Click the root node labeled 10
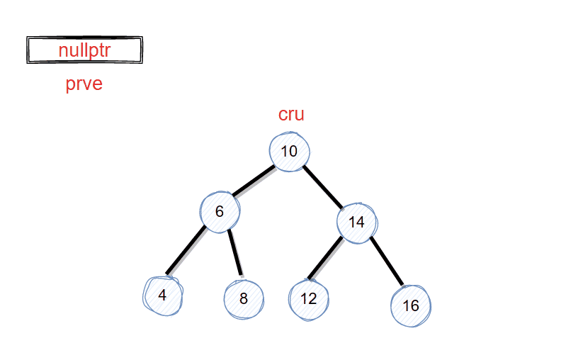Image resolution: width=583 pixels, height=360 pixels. click(x=289, y=152)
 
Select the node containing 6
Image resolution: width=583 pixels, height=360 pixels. click(x=220, y=211)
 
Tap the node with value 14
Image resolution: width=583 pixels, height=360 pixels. click(x=356, y=222)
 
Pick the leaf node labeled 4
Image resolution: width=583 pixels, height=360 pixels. click(x=163, y=295)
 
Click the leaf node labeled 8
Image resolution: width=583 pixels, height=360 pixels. click(x=244, y=298)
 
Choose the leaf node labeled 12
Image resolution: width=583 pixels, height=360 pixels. click(x=309, y=298)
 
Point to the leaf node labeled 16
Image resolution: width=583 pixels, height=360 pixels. click(x=411, y=306)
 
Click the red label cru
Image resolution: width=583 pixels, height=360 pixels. click(x=291, y=115)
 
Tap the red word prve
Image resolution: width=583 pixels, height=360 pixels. click(x=84, y=84)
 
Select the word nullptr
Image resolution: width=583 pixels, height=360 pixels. click(x=84, y=50)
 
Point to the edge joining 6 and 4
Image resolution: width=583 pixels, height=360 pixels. click(x=186, y=251)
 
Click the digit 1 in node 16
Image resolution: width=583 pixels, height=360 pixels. click(x=406, y=306)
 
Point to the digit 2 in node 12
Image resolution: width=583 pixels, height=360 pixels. click(x=312, y=298)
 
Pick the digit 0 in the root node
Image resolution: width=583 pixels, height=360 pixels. click(x=293, y=152)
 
